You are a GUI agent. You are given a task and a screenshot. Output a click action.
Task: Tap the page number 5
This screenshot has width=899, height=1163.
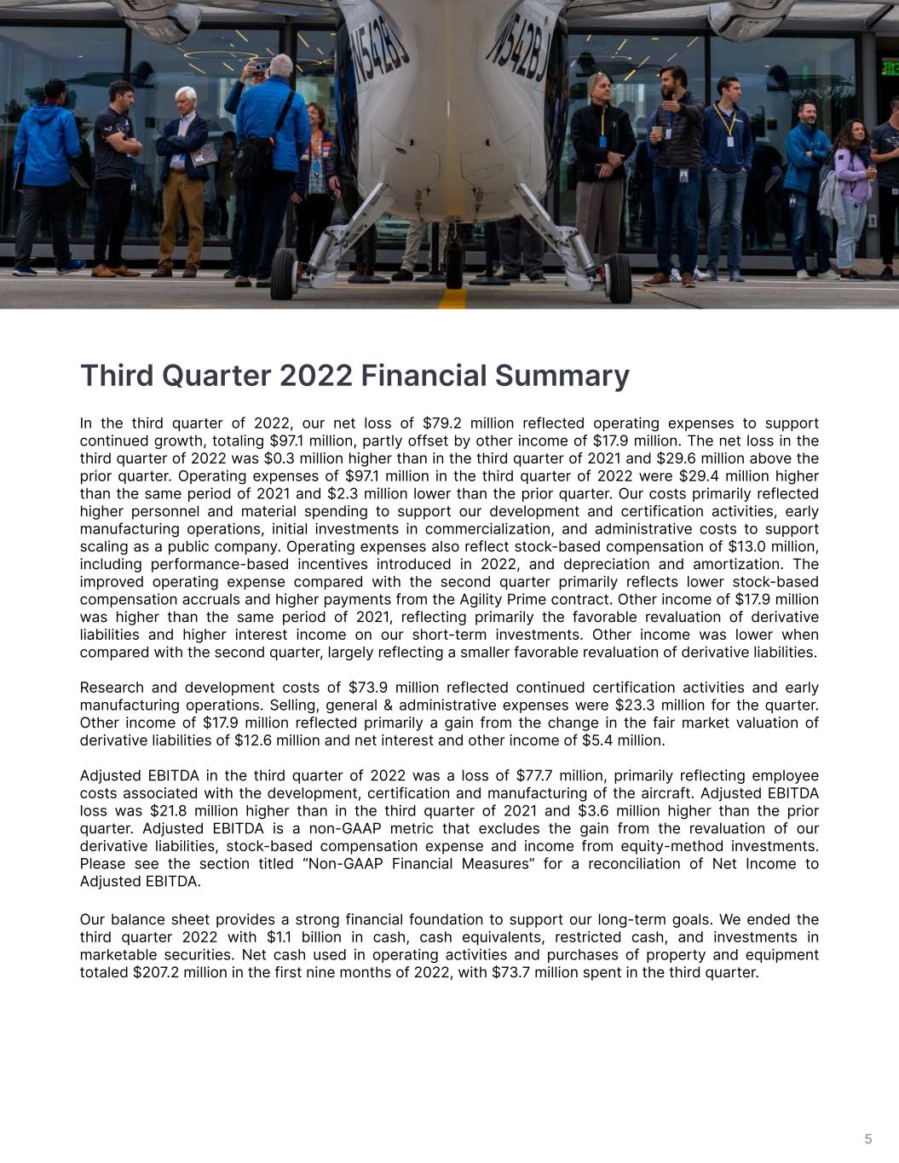click(x=868, y=1139)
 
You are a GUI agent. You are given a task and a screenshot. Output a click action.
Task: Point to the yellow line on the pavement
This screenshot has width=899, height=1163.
click(x=454, y=298)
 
